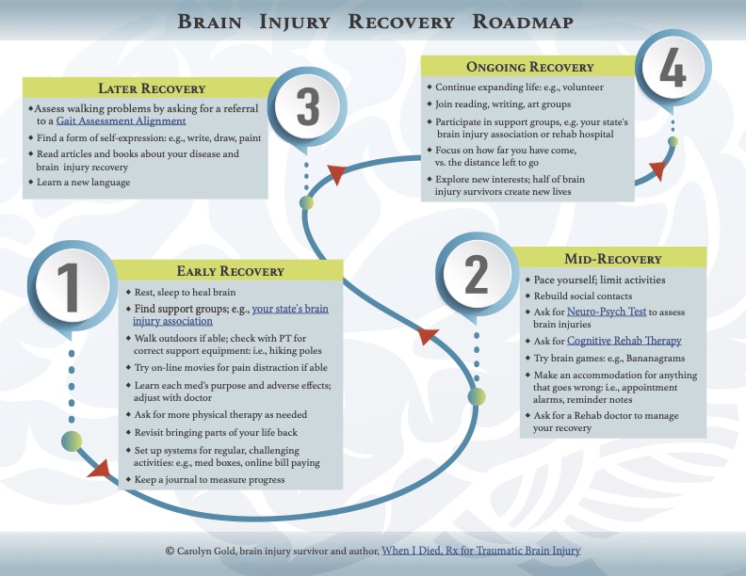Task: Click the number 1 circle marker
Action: tap(72, 286)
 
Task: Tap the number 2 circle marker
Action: tap(477, 274)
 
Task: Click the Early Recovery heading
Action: tap(230, 271)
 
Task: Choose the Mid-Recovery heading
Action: tap(613, 259)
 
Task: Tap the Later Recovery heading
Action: tap(152, 88)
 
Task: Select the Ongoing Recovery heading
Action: tap(530, 67)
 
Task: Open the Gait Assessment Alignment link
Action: tap(121, 120)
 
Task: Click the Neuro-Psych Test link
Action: tap(607, 312)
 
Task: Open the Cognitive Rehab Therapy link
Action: tap(624, 341)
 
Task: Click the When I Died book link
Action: tap(481, 551)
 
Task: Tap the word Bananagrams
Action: tap(656, 358)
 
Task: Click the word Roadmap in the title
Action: tap(523, 22)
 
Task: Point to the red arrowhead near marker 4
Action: tap(658, 170)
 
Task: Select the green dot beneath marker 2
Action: tap(477, 396)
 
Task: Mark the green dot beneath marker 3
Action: tap(307, 203)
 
